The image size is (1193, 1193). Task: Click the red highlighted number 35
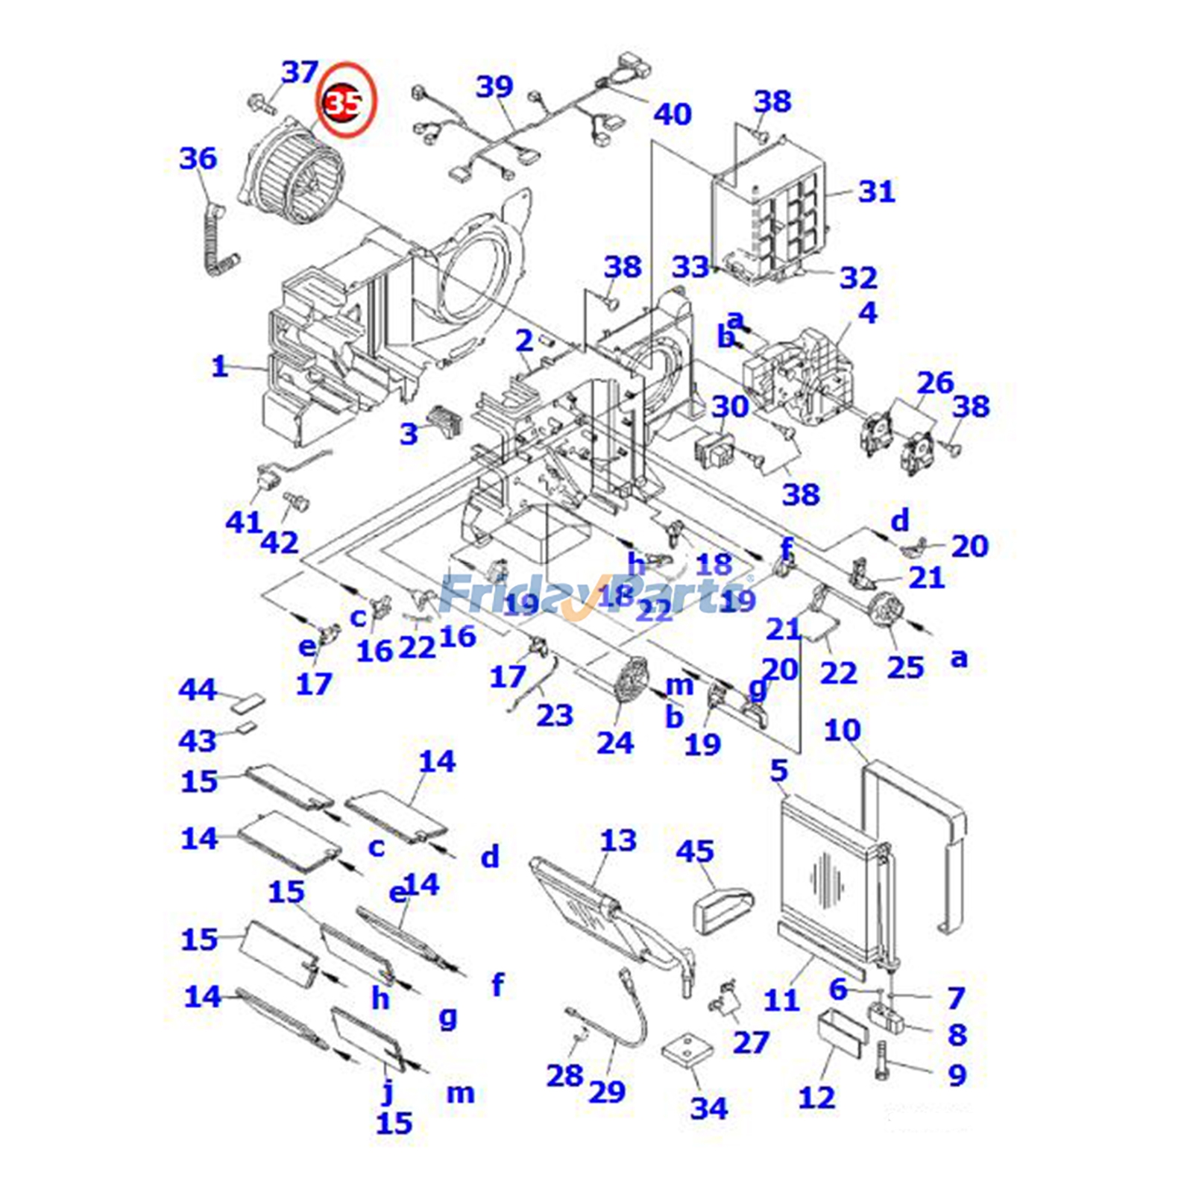pos(344,102)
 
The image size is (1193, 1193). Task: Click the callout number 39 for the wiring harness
pos(494,87)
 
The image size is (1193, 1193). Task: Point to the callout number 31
pos(876,192)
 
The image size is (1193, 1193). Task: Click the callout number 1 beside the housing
pos(218,367)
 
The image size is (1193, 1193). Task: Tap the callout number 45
pos(695,851)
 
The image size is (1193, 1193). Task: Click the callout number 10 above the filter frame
pos(842,731)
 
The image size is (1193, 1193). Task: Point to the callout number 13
pos(618,840)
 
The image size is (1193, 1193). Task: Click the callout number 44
pos(198,690)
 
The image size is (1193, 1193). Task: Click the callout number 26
pos(935,383)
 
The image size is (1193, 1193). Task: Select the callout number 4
pos(867,313)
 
